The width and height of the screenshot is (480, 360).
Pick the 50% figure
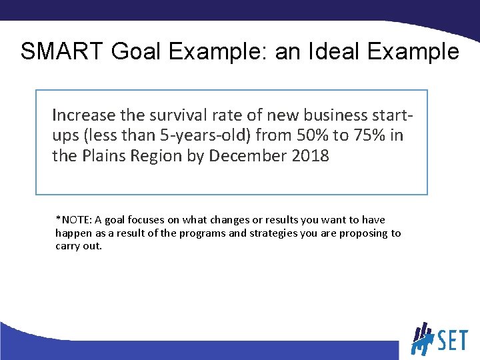pyautogui.click(x=311, y=135)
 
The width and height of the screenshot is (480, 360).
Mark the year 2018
pyautogui.click(x=313, y=156)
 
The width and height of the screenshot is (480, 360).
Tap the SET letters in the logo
pyautogui.click(x=453, y=341)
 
